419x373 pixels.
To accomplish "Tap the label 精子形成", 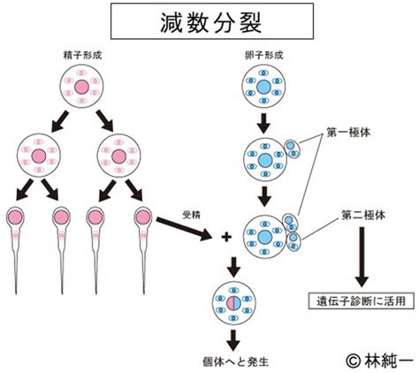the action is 82,56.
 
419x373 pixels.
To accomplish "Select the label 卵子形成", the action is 264,56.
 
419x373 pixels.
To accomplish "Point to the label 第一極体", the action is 348,133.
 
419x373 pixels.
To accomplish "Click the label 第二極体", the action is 363,216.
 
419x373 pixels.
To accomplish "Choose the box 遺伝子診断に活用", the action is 362,301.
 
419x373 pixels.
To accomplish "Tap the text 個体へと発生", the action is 236,362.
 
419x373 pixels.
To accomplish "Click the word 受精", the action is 192,216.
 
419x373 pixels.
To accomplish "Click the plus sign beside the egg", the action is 226,237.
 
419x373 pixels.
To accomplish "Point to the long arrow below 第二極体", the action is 362,256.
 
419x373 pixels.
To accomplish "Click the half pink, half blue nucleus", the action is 234,303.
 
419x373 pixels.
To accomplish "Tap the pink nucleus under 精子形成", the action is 81,87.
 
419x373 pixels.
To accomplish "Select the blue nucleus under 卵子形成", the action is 264,87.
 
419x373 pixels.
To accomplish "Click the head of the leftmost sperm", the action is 15,217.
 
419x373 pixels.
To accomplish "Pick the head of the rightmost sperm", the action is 143,217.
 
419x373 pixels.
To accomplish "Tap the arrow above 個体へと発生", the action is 233,340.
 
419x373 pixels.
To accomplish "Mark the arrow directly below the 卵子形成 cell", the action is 264,123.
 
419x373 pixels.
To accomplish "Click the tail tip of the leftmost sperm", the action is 16,293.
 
